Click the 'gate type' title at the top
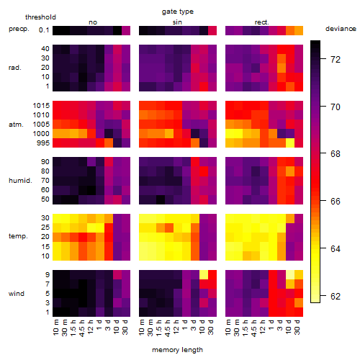178,12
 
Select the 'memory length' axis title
178,350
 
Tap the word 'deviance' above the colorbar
341,29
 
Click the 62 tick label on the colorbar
336,297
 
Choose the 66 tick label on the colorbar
336,201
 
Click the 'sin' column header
177,22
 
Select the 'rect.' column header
261,22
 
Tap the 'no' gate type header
93,22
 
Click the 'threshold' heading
40,17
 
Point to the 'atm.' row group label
16,125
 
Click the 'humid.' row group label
20,180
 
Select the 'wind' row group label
17,294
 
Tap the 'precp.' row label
19,30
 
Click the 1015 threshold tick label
41,106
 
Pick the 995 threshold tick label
43,143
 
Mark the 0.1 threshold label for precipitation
44,30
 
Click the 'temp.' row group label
18,236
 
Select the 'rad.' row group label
15,68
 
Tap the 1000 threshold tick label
41,134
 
